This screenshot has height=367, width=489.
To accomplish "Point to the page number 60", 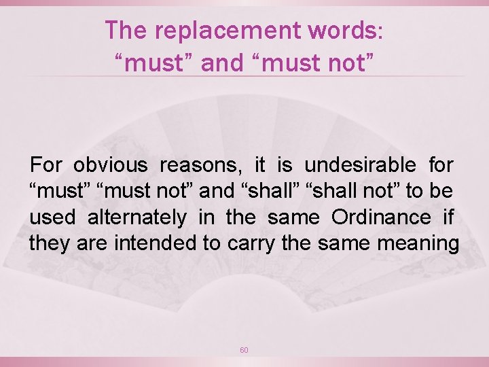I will pos(244,350).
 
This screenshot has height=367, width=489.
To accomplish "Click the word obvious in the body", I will pos(110,164).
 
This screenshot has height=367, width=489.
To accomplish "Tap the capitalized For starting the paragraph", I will pos(46,164).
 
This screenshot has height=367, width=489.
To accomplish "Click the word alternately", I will pos(137,217).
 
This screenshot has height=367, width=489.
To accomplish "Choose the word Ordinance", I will pos(381,217).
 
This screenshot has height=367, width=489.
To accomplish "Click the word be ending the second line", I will pos(442,191).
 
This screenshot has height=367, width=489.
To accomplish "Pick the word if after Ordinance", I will pos(448,217).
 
